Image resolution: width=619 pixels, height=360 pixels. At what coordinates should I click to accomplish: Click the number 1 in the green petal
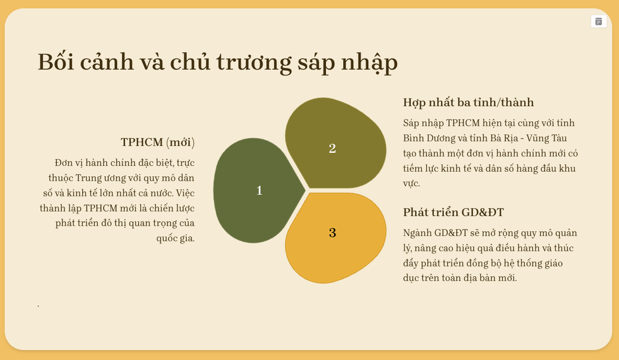(260, 191)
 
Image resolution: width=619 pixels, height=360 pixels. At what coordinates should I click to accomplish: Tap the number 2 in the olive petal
(332, 148)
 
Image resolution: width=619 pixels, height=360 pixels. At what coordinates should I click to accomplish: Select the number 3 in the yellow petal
(332, 233)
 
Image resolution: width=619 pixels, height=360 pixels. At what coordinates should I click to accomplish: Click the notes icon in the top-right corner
(599, 21)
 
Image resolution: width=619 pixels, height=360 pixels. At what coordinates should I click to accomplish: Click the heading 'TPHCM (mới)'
(157, 142)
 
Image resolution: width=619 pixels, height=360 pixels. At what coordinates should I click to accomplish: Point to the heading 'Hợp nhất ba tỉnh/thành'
(468, 102)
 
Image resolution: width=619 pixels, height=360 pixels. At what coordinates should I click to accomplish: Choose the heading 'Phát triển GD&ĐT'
(454, 212)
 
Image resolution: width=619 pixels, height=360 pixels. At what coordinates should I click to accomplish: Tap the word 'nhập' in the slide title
(369, 63)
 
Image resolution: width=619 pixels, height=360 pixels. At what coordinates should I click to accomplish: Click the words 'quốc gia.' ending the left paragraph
(176, 239)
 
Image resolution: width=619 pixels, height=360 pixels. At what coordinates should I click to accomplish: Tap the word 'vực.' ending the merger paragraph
(411, 184)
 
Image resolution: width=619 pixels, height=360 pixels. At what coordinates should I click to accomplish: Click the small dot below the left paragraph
(39, 306)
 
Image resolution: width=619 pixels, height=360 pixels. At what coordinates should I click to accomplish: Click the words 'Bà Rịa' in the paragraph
(504, 138)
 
